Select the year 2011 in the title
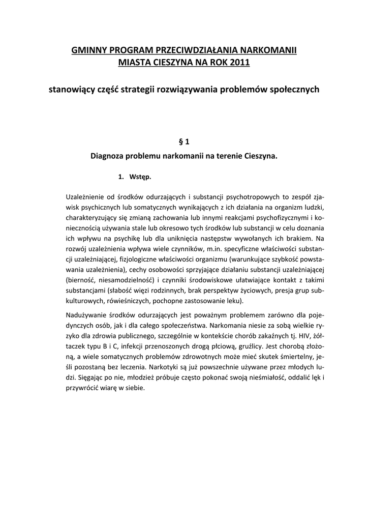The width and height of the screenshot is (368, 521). [x=240, y=62]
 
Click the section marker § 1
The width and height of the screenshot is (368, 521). [x=184, y=142]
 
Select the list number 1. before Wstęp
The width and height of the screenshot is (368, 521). [x=120, y=177]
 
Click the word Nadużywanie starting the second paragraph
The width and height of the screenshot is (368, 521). [x=87, y=315]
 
